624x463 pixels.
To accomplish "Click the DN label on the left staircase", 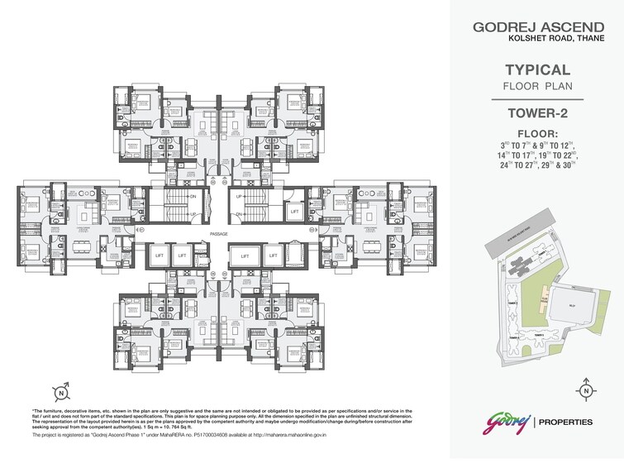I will coord(193,197).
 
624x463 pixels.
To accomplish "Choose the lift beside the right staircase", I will coord(294,212).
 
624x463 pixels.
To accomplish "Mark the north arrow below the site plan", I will coord(585,390).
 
